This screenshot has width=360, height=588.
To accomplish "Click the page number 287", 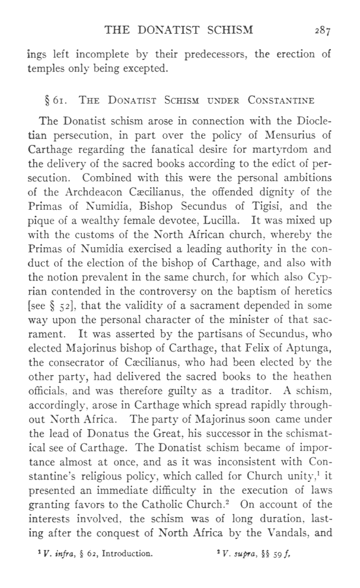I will coord(321,29).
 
